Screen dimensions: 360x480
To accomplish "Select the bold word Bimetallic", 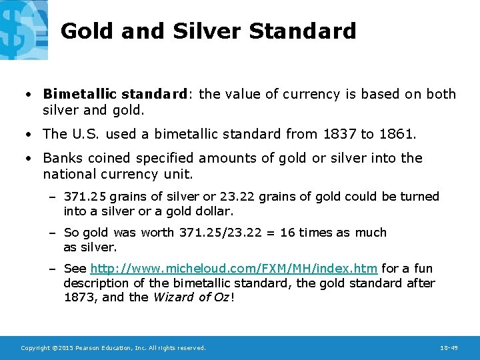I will pos(79,94).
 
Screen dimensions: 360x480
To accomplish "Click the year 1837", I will pos(339,134).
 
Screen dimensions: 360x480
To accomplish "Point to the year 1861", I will pos(397,134).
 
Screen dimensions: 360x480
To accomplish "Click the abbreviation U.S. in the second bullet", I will pos(85,134).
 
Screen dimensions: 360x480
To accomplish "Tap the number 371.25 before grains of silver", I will pos(85,197).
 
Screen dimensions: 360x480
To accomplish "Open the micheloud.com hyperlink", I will pos(234,269).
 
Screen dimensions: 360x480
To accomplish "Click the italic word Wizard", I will pos(173,297).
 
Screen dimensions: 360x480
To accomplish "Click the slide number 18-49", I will pos(449,348).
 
